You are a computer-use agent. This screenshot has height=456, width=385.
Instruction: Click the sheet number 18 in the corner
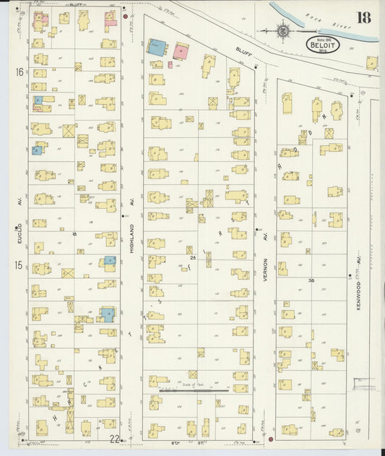363,17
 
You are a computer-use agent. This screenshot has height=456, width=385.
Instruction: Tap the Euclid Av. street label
20,239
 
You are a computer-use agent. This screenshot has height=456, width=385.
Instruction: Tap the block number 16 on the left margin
20,72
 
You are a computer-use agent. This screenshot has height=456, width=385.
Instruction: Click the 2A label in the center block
193,257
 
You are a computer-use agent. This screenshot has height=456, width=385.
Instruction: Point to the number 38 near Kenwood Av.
311,280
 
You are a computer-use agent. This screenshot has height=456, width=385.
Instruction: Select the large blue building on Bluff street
157,48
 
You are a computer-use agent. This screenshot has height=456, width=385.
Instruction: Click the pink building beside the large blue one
181,51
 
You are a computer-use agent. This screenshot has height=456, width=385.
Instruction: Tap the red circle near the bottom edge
270,439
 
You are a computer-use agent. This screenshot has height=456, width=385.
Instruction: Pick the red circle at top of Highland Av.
126,15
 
